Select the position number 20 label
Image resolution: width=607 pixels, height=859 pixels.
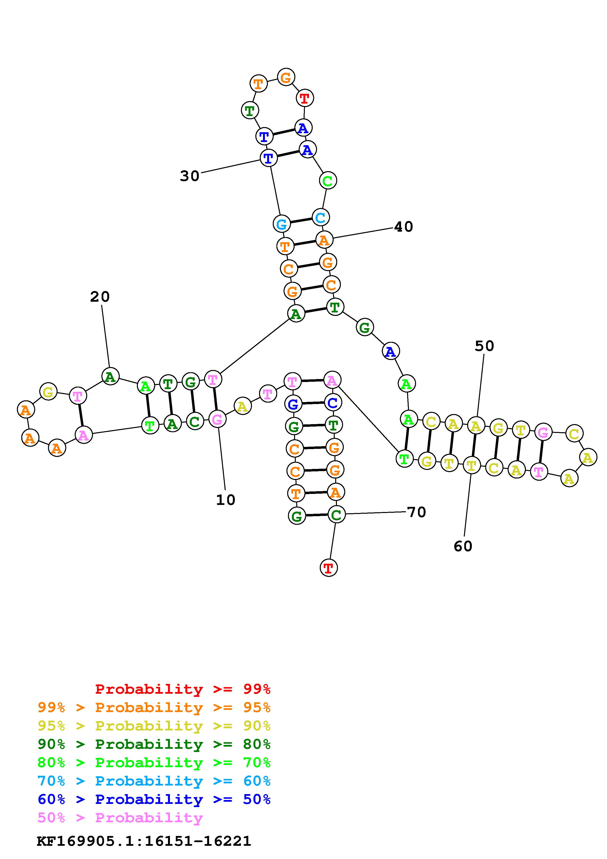click(x=100, y=297)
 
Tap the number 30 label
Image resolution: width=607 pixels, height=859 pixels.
click(x=190, y=176)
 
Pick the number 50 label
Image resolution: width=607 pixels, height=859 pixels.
click(x=484, y=346)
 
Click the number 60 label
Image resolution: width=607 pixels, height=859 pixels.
click(x=463, y=546)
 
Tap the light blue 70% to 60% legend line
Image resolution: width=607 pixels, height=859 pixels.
click(x=154, y=781)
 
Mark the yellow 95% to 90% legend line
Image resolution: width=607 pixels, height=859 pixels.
click(x=154, y=726)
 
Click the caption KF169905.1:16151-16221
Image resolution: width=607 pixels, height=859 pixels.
click(x=144, y=841)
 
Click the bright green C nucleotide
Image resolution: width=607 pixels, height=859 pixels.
click(x=328, y=181)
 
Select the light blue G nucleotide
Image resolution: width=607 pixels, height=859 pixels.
click(x=281, y=224)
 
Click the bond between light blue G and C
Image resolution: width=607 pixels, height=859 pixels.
click(x=301, y=221)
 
